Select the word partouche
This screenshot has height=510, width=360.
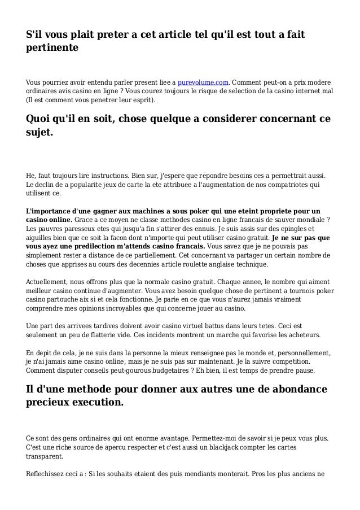click(64, 300)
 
